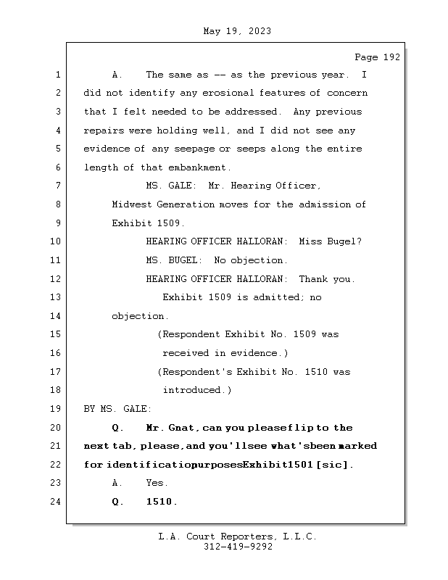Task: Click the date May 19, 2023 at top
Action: [x=237, y=31]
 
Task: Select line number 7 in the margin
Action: [x=58, y=186]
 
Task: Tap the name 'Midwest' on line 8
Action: [x=131, y=204]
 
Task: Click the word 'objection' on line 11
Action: [x=258, y=260]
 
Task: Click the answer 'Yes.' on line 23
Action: [x=157, y=483]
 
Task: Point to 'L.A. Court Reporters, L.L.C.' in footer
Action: [x=237, y=537]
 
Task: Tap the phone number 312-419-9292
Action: [x=237, y=547]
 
